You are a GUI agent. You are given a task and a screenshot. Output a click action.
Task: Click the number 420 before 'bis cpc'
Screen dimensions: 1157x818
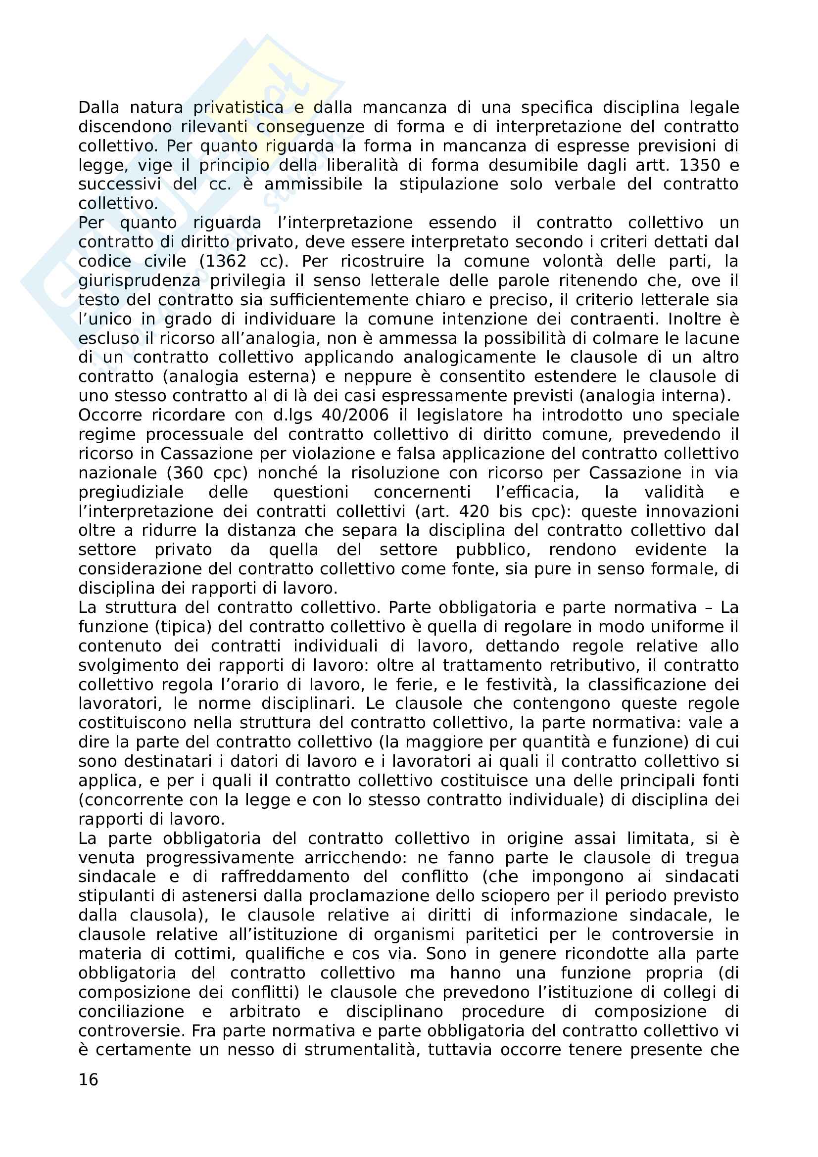coord(474,511)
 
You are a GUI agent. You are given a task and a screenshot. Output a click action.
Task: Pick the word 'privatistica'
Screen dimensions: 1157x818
coord(239,107)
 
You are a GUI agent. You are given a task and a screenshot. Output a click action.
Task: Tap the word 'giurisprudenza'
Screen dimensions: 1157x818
coord(139,280)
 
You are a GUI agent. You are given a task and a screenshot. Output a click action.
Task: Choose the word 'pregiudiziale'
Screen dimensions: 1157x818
coord(131,492)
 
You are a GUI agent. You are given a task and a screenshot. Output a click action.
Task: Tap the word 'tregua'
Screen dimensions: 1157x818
coord(712,857)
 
